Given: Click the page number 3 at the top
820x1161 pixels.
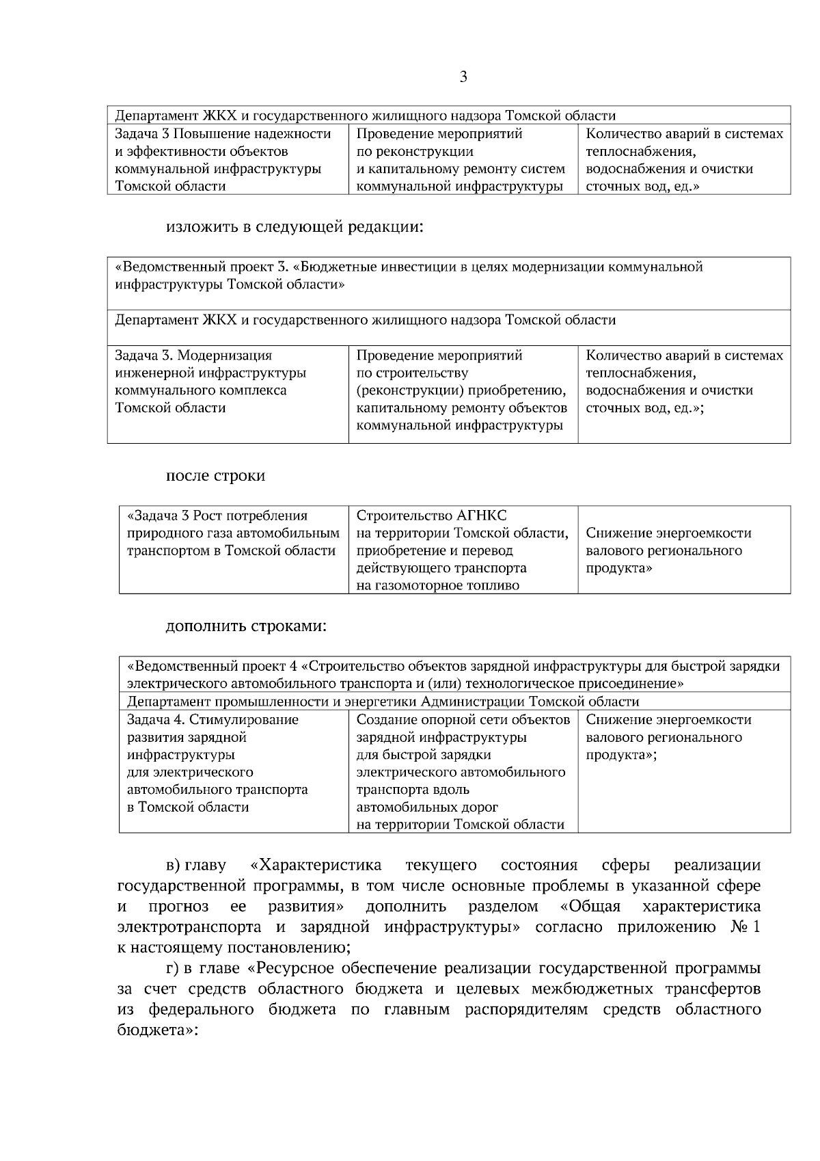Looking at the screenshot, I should point(463,77).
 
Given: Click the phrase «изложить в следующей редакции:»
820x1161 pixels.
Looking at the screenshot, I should point(295,226).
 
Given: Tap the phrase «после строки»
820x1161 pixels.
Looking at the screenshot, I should point(215,475).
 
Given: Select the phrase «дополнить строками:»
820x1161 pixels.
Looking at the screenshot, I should point(246,626).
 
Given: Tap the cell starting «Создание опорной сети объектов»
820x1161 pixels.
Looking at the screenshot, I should point(463,772).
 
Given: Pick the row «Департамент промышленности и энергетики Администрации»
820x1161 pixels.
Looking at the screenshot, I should point(383,702).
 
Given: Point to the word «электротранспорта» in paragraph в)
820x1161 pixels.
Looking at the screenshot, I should point(189,927).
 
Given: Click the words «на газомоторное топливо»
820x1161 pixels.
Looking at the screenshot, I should point(437,585).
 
